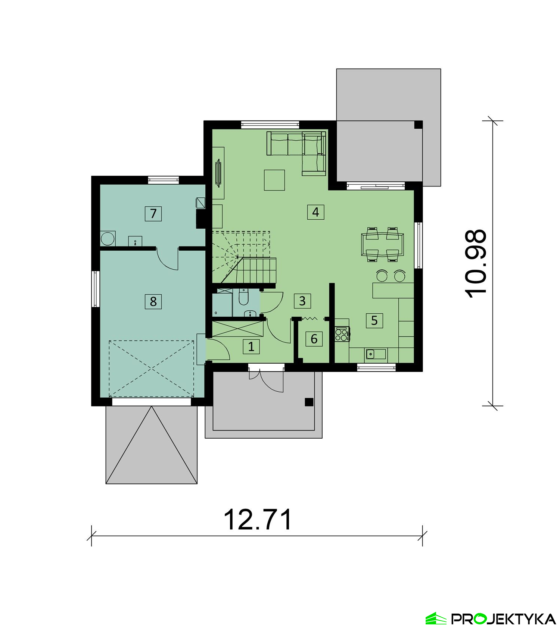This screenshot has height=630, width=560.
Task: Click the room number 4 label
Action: coord(315,212)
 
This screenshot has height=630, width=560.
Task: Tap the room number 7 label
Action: coord(153,214)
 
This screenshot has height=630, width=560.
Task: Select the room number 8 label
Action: coord(153,301)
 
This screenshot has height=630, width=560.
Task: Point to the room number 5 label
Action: coord(374,320)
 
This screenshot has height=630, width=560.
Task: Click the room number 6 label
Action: coord(314,339)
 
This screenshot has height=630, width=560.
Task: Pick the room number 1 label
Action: coord(251,347)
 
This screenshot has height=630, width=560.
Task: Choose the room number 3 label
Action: coord(302,301)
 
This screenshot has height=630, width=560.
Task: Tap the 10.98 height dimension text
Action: coord(476,263)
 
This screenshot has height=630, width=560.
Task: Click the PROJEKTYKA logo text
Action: coord(504,608)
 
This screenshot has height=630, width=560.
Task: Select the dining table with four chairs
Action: coord(382,244)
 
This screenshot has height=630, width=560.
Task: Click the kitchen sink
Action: coord(376,353)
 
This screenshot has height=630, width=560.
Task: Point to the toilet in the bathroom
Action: coord(243,297)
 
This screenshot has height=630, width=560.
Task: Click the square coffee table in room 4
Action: coord(274,180)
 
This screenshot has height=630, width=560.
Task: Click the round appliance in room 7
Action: coord(108,239)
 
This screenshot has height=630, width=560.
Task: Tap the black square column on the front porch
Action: coord(309,402)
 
